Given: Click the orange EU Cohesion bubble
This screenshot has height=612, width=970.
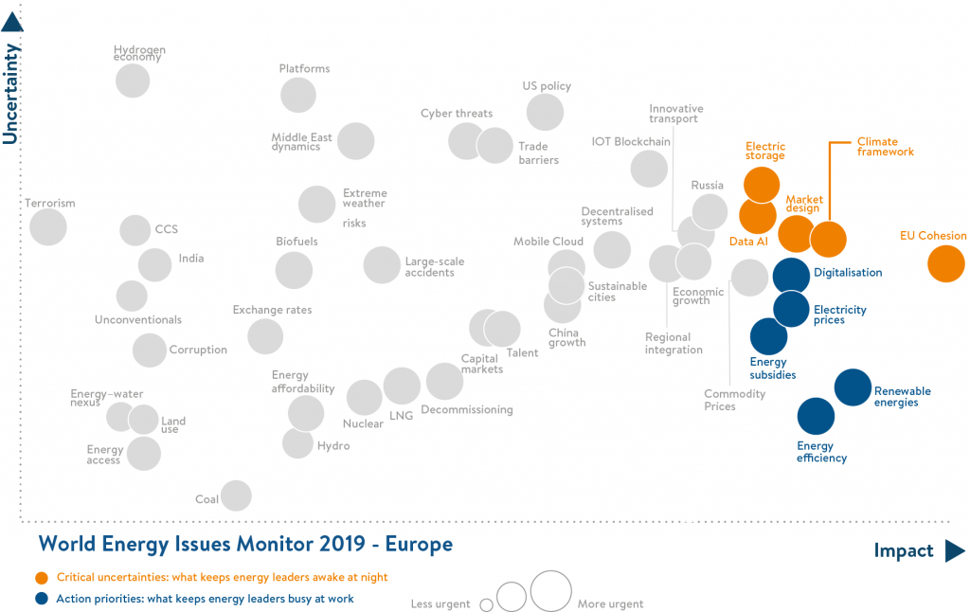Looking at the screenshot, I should point(945,263).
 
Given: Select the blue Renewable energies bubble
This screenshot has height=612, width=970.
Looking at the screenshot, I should point(853,387).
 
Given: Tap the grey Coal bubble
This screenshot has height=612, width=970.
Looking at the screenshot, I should point(236,495).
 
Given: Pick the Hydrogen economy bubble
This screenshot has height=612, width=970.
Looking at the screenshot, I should point(133,81).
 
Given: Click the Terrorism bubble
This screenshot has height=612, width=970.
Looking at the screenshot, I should point(48,226).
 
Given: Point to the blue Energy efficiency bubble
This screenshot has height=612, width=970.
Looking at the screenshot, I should point(816,415).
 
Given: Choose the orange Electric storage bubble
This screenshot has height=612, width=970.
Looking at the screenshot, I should point(762,184).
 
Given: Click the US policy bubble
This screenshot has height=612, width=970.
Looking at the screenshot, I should point(545,113).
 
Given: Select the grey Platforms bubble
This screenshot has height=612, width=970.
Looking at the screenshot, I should point(298,95).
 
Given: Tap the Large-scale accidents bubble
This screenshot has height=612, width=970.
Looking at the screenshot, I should point(382,265).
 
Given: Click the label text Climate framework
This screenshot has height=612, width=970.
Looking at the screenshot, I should point(885,147).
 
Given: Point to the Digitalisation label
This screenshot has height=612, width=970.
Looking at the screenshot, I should point(847,273).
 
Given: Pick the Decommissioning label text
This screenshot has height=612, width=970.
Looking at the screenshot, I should point(466,410).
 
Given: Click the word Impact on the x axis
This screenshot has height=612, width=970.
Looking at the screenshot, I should point(903,551).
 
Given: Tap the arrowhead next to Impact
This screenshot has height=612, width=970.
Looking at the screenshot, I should point(954,551).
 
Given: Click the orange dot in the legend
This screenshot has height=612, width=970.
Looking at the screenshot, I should point(41,577).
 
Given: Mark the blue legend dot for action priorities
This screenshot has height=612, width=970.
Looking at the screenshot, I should point(41,599).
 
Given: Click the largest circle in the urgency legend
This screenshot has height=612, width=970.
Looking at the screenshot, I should point(550,590).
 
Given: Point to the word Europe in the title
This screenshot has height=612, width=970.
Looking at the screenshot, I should point(421,545).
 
